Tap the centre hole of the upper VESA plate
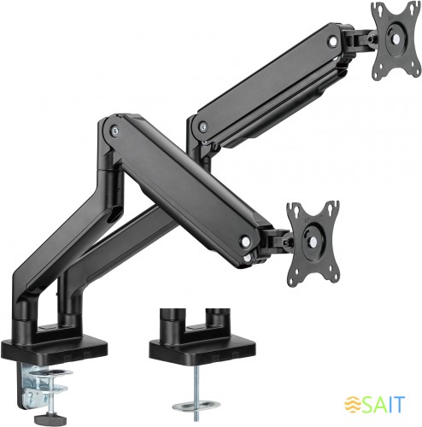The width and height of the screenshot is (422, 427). click(396, 35)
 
